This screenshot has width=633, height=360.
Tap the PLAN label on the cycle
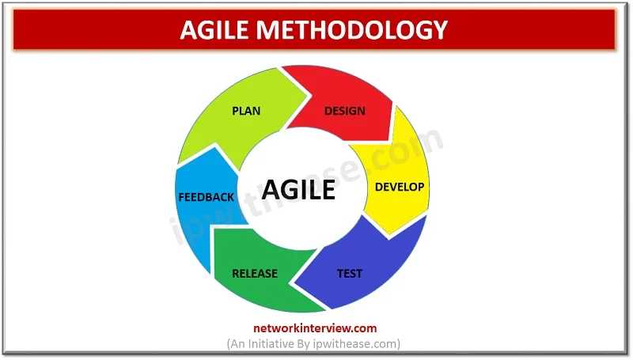pyautogui.click(x=246, y=111)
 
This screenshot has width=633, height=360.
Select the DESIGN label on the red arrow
pyautogui.click(x=344, y=111)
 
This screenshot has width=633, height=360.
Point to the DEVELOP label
pyautogui.click(x=400, y=188)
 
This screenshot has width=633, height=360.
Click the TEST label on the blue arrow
pyautogui.click(x=350, y=274)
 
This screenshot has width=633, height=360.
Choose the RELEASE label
pyautogui.click(x=255, y=274)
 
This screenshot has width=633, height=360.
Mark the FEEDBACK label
pyautogui.click(x=207, y=197)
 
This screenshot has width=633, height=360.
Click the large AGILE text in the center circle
pyautogui.click(x=298, y=191)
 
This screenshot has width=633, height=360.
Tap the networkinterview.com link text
pyautogui.click(x=315, y=328)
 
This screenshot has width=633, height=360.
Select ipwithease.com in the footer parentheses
pyautogui.click(x=365, y=343)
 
